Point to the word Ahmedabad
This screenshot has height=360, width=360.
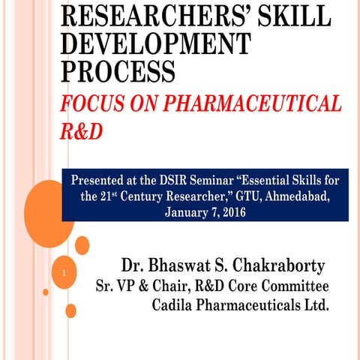(279, 197)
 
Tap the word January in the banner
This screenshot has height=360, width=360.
(183, 213)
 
